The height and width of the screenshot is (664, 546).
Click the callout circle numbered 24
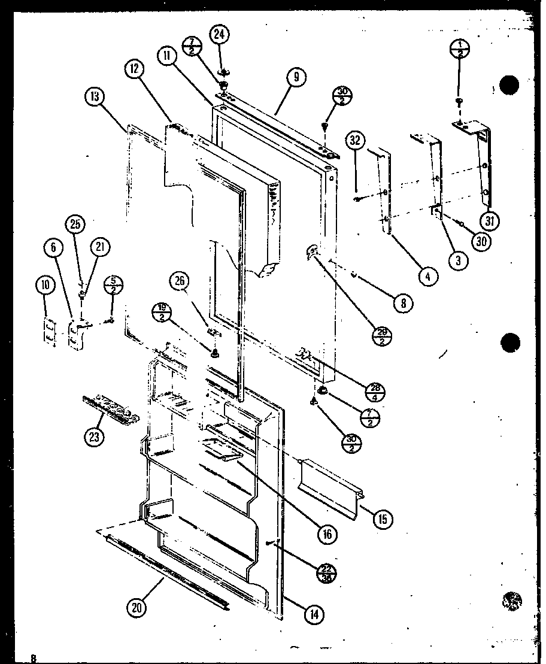pos(220,36)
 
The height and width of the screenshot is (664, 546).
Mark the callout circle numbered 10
pos(44,286)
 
